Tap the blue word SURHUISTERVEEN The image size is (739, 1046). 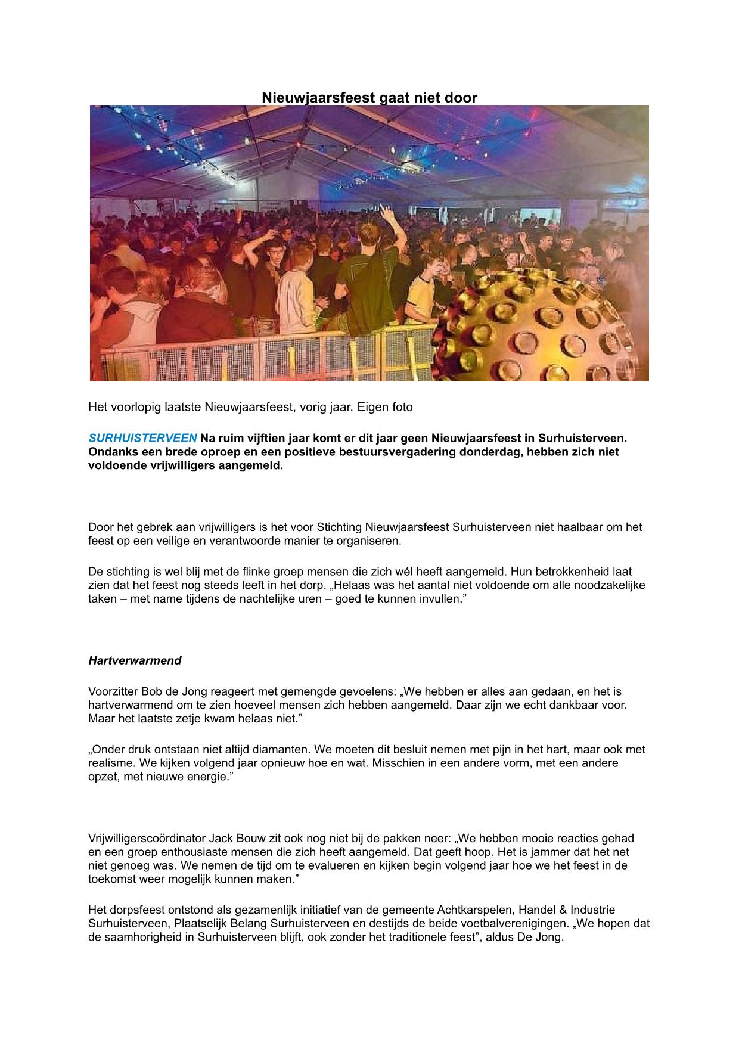pos(142,439)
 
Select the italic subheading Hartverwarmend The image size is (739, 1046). pos(135,660)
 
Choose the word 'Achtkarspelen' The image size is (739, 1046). pos(474,910)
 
